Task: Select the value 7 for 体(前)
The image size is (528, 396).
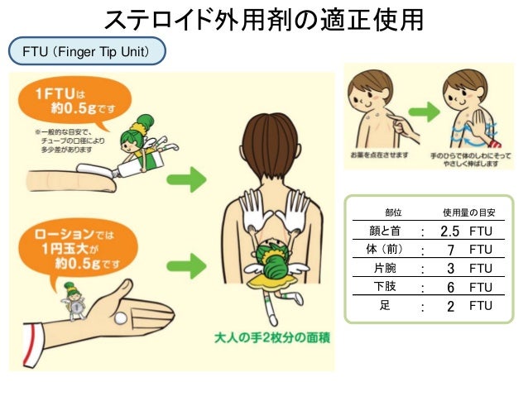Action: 450,250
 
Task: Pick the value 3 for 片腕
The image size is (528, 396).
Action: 450,269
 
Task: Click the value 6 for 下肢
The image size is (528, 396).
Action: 450,287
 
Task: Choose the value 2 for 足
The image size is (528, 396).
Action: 450,306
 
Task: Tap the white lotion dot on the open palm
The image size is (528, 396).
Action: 121,318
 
